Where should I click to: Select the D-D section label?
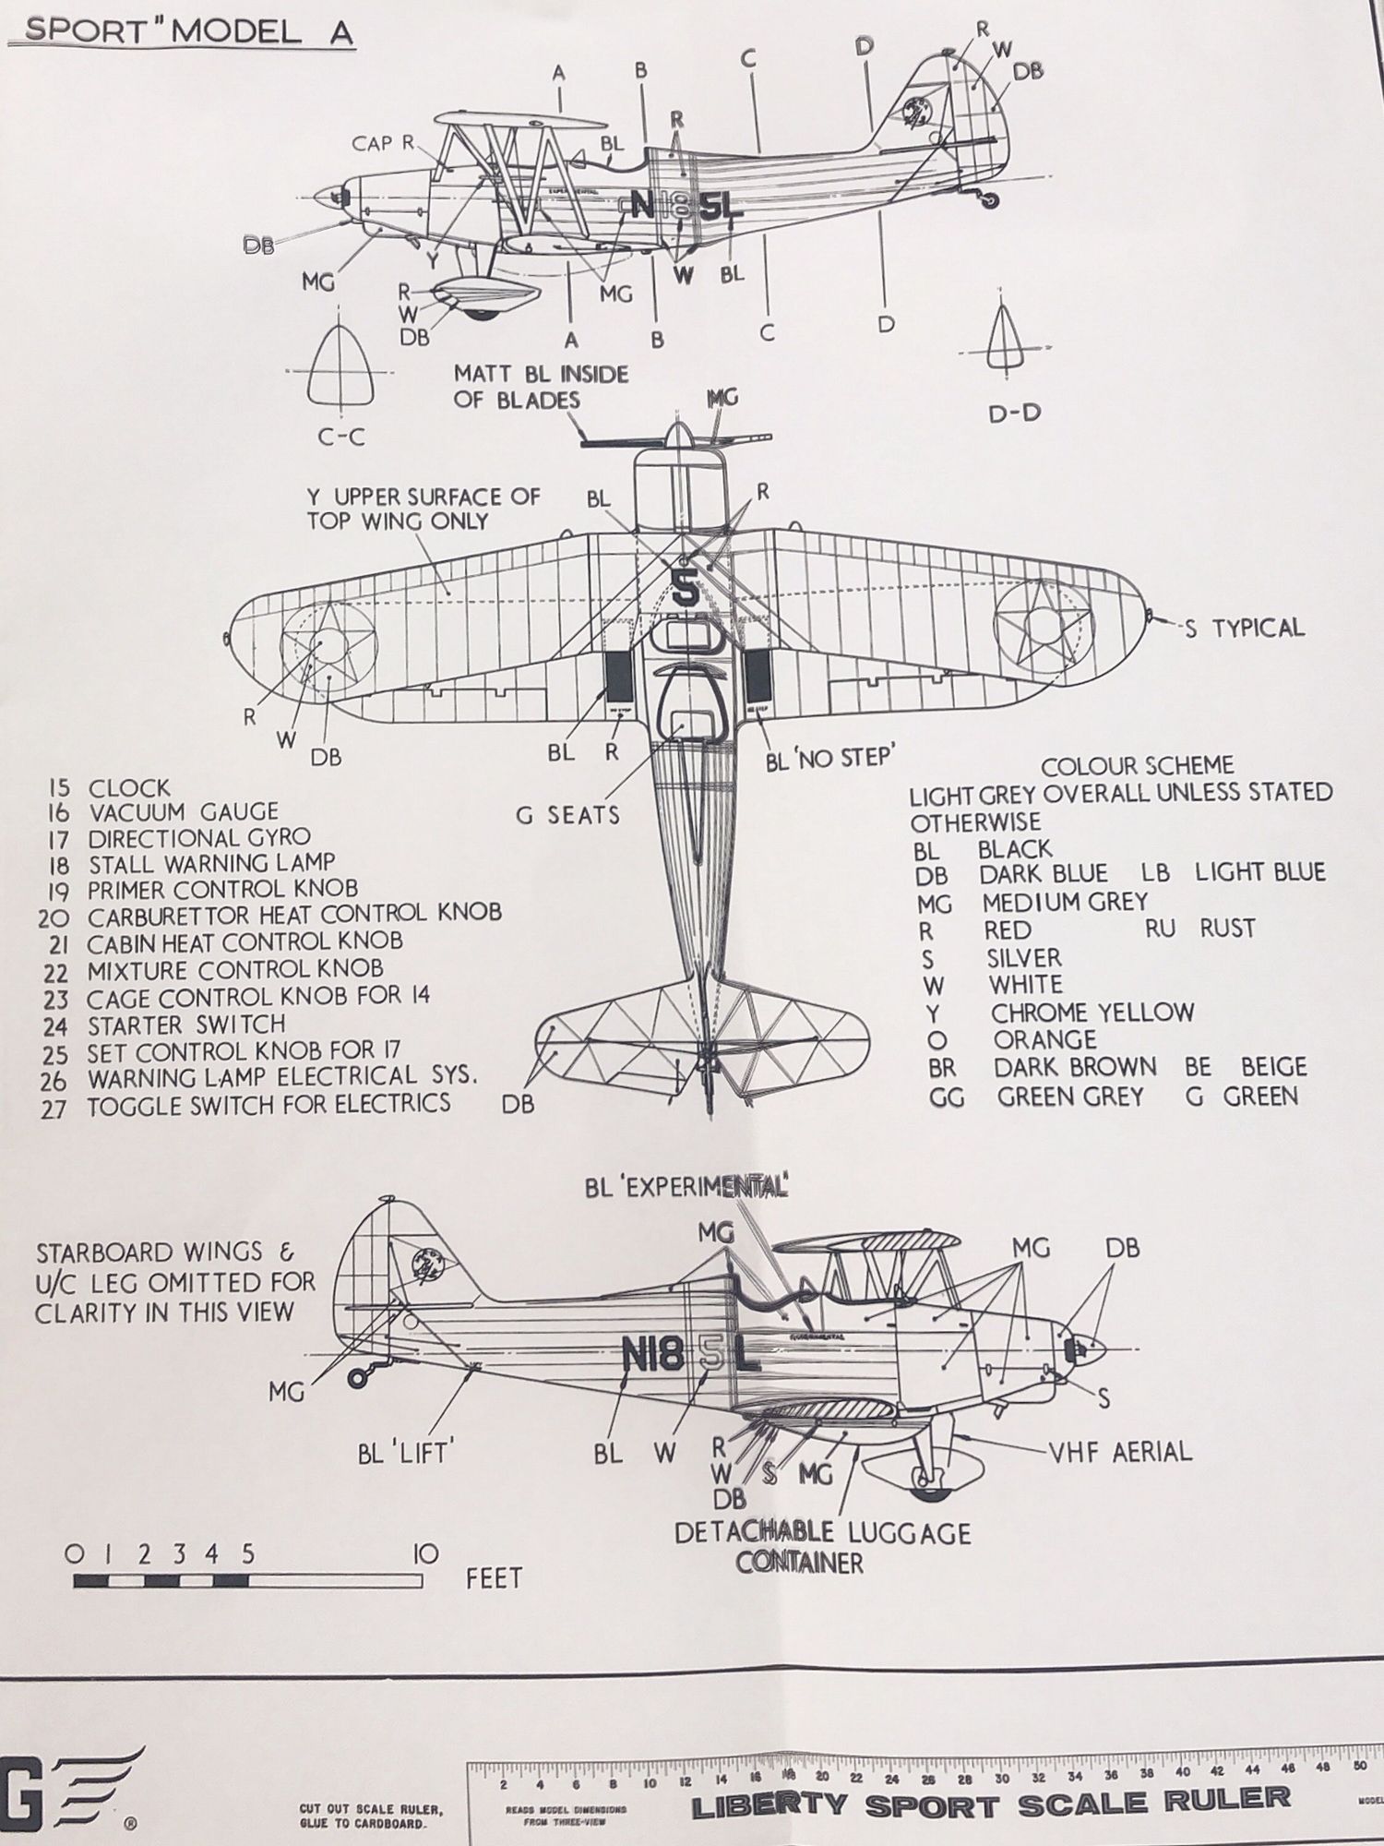(1014, 413)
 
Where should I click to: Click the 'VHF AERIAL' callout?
(1120, 1451)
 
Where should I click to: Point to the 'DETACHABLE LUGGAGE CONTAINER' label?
(821, 1548)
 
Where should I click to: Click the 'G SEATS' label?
(567, 815)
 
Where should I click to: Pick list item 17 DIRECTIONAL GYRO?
(198, 838)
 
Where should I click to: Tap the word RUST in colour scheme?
(1227, 929)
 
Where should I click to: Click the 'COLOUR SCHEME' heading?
(1137, 766)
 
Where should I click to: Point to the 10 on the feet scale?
(426, 1553)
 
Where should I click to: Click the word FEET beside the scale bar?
(495, 1578)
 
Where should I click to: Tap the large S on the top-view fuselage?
(684, 588)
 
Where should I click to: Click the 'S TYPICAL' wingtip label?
(1245, 629)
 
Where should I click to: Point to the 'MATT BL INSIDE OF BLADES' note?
(540, 387)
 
